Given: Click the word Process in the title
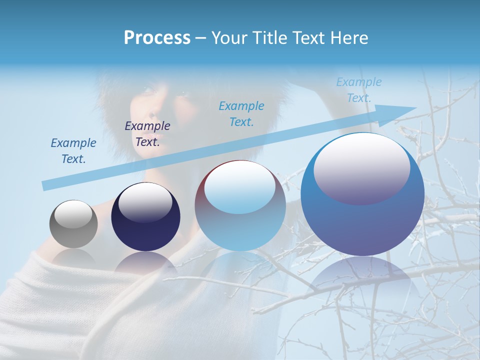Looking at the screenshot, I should click(157, 38).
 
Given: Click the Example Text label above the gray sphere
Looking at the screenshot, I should click(73, 151).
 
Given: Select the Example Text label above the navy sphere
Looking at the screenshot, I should click(147, 134).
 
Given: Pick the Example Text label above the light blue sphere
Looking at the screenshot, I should click(241, 113).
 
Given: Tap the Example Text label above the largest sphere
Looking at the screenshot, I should click(358, 90).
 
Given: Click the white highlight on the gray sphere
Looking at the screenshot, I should click(73, 213).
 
